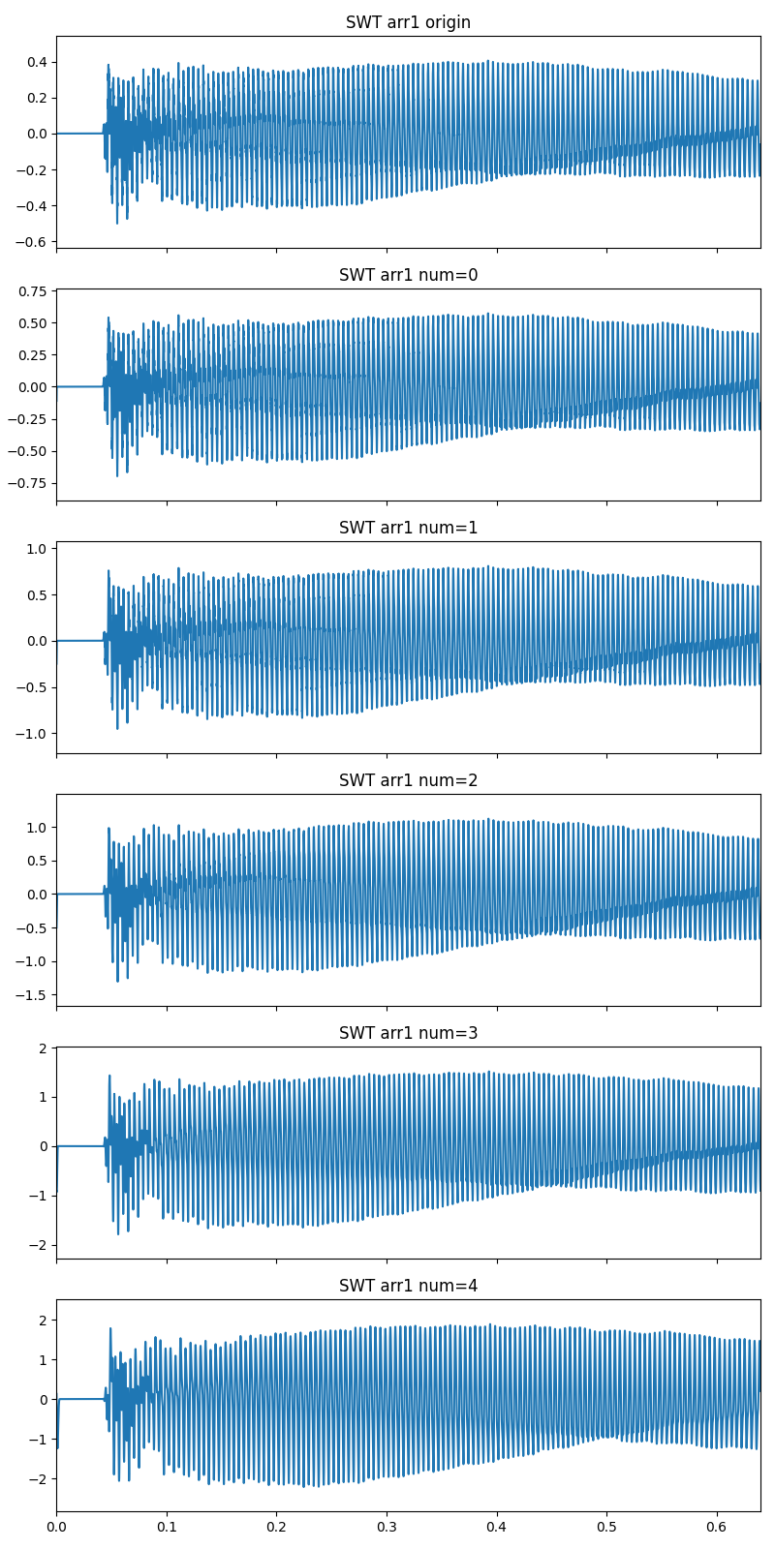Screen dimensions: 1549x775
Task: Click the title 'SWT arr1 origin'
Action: [x=408, y=22]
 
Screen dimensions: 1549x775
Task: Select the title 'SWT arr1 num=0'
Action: [x=408, y=275]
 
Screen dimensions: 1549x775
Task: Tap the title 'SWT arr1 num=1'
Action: [x=408, y=528]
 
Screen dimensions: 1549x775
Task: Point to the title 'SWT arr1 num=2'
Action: [x=408, y=780]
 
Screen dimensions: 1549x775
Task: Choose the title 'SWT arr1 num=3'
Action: [x=408, y=1033]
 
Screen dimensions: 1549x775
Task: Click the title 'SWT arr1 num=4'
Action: [x=408, y=1286]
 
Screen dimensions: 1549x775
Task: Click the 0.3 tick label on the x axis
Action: [x=387, y=1528]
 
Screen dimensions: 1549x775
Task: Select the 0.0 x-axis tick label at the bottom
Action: [x=56, y=1528]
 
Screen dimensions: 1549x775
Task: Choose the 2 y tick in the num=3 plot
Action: [x=44, y=1048]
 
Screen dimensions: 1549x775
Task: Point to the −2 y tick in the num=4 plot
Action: [x=40, y=1478]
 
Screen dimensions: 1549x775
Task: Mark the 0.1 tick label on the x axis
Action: [x=167, y=1528]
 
